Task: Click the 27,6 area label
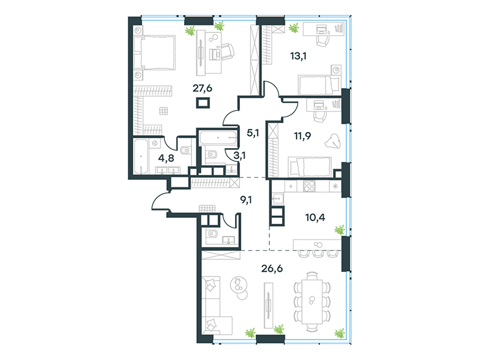pyautogui.click(x=202, y=88)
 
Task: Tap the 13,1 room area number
pyautogui.click(x=298, y=56)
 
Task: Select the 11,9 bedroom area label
pyautogui.click(x=302, y=136)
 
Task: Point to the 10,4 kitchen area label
pyautogui.click(x=315, y=218)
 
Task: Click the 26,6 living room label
pyautogui.click(x=272, y=268)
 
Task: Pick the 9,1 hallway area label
pyautogui.click(x=246, y=200)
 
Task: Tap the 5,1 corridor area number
pyautogui.click(x=253, y=133)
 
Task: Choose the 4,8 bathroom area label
pyautogui.click(x=166, y=158)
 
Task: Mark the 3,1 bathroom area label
pyautogui.click(x=239, y=155)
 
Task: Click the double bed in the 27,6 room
pyautogui.click(x=155, y=52)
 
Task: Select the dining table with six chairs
pyautogui.click(x=312, y=301)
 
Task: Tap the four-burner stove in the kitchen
pyautogui.click(x=309, y=185)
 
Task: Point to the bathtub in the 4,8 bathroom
pyautogui.click(x=141, y=157)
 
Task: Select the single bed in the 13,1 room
pyautogui.click(x=319, y=85)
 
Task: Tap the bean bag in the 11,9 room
pyautogui.click(x=332, y=142)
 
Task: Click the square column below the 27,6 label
pyautogui.click(x=203, y=103)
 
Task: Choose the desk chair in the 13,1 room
pyautogui.click(x=322, y=40)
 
